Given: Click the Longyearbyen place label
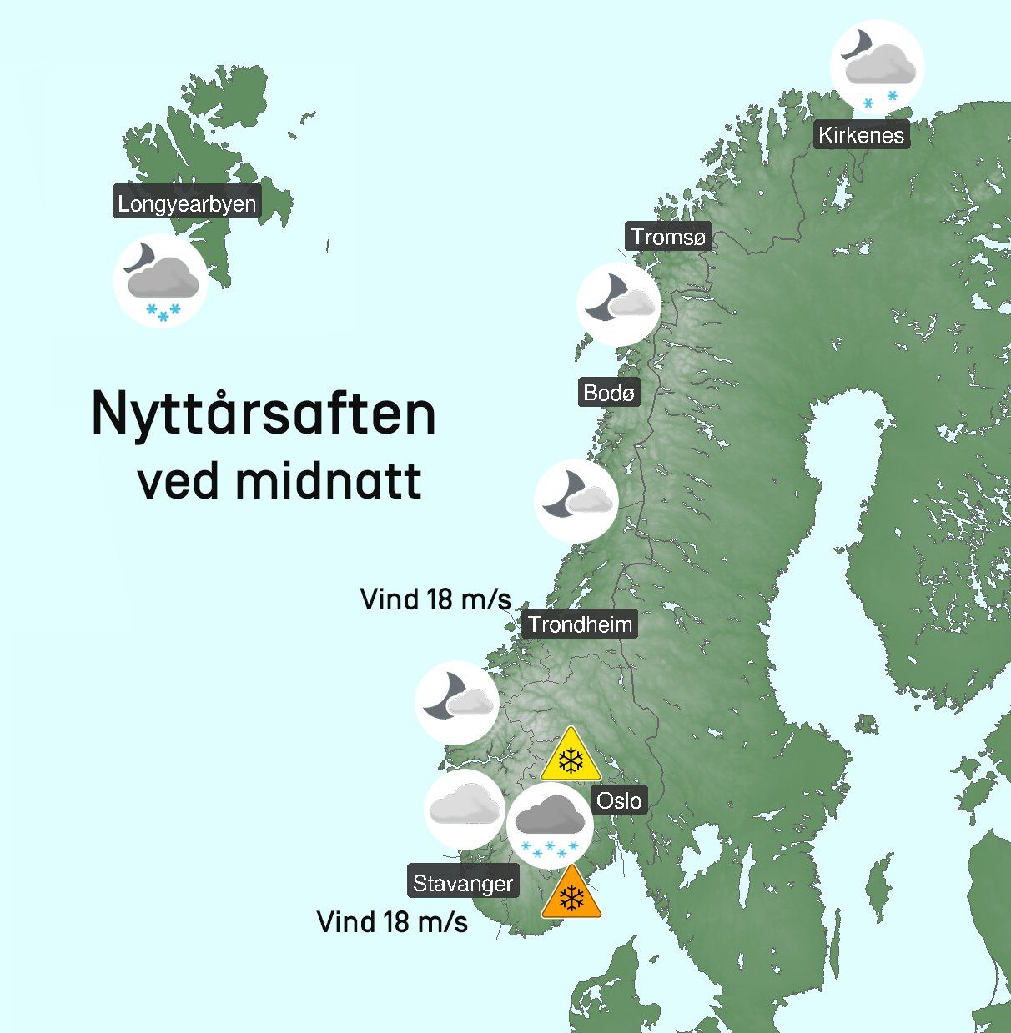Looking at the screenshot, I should coord(187,203).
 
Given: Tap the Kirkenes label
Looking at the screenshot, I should coord(861,135).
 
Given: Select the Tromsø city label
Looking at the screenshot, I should coord(668,238).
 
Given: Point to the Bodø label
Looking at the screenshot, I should coord(609,392).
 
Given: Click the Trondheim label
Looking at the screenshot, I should coord(580,624).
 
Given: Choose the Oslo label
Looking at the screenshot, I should coord(619,801).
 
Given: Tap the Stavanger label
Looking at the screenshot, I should coord(463,883).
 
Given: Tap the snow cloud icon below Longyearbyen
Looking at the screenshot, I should coord(161,282).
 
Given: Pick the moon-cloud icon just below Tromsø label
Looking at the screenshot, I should coord(619,303).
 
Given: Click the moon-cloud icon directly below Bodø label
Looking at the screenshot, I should coord(576,500).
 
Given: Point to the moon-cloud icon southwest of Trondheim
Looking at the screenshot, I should coord(457,703).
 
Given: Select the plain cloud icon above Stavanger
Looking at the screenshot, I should coord(465,809).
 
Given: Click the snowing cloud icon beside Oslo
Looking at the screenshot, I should coord(549,825).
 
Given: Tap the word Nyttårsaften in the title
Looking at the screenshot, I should coord(264,414).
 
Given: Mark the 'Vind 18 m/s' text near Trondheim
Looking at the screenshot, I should coord(435,599).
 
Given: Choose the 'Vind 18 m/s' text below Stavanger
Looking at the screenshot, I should coord(392,922).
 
